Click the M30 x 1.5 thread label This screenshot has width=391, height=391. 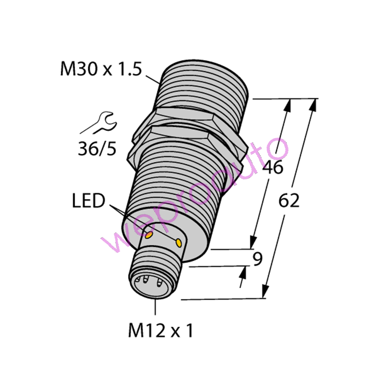[x=101, y=69]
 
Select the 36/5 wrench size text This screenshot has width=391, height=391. [x=97, y=149]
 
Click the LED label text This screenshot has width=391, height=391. [x=89, y=200]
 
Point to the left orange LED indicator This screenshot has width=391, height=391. [x=149, y=235]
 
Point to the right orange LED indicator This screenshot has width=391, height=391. [x=179, y=242]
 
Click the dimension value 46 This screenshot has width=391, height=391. [x=274, y=167]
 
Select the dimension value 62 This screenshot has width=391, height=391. [x=289, y=201]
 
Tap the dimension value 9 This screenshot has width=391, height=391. [x=258, y=259]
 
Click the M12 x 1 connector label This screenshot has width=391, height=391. [x=161, y=331]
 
